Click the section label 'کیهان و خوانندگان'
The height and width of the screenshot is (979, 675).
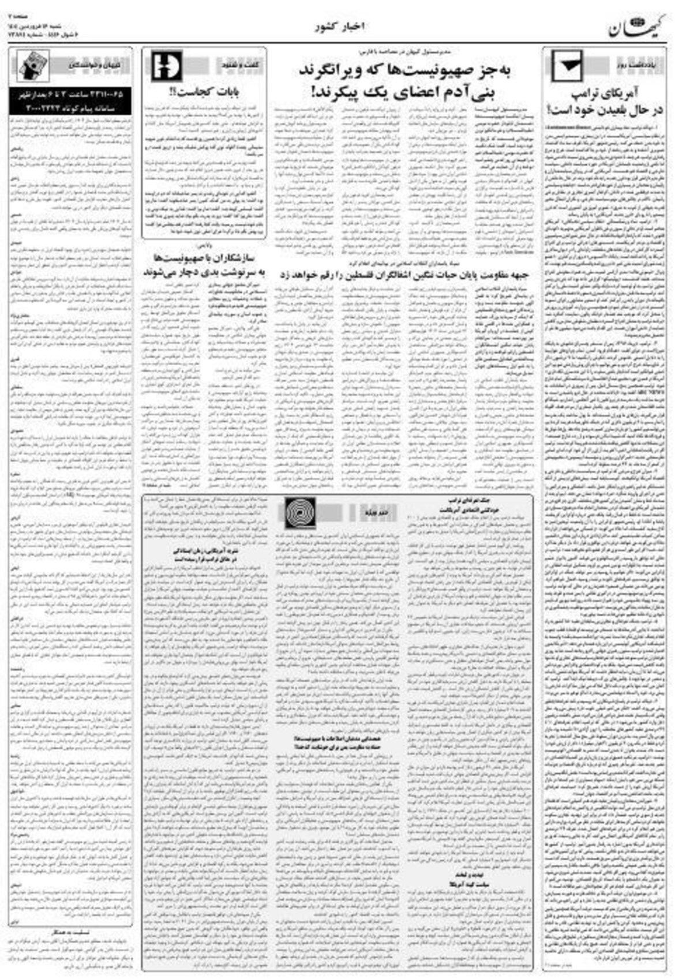click(87, 65)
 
